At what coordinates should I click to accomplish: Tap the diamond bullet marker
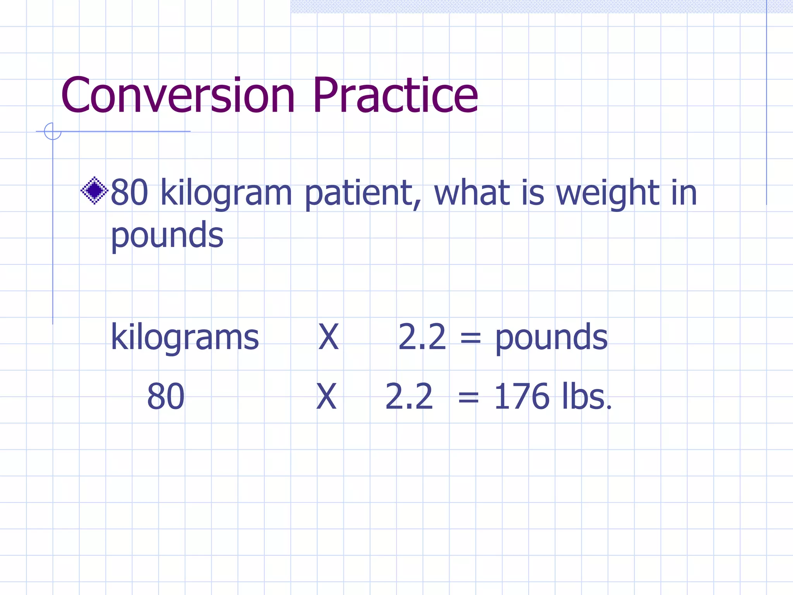coord(94,190)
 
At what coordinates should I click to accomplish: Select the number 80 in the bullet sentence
coord(129,192)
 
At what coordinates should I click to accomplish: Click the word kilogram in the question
coord(226,193)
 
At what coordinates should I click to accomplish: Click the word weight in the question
coord(608,193)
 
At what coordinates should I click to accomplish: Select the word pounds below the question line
coord(167,236)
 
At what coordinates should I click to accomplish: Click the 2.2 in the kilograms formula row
coord(422,337)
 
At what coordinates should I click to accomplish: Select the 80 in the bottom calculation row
coord(166,397)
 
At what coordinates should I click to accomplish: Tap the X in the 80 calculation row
coord(326,397)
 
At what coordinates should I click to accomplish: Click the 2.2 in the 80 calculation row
coord(409,397)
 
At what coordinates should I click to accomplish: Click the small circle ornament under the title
coord(53,131)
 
